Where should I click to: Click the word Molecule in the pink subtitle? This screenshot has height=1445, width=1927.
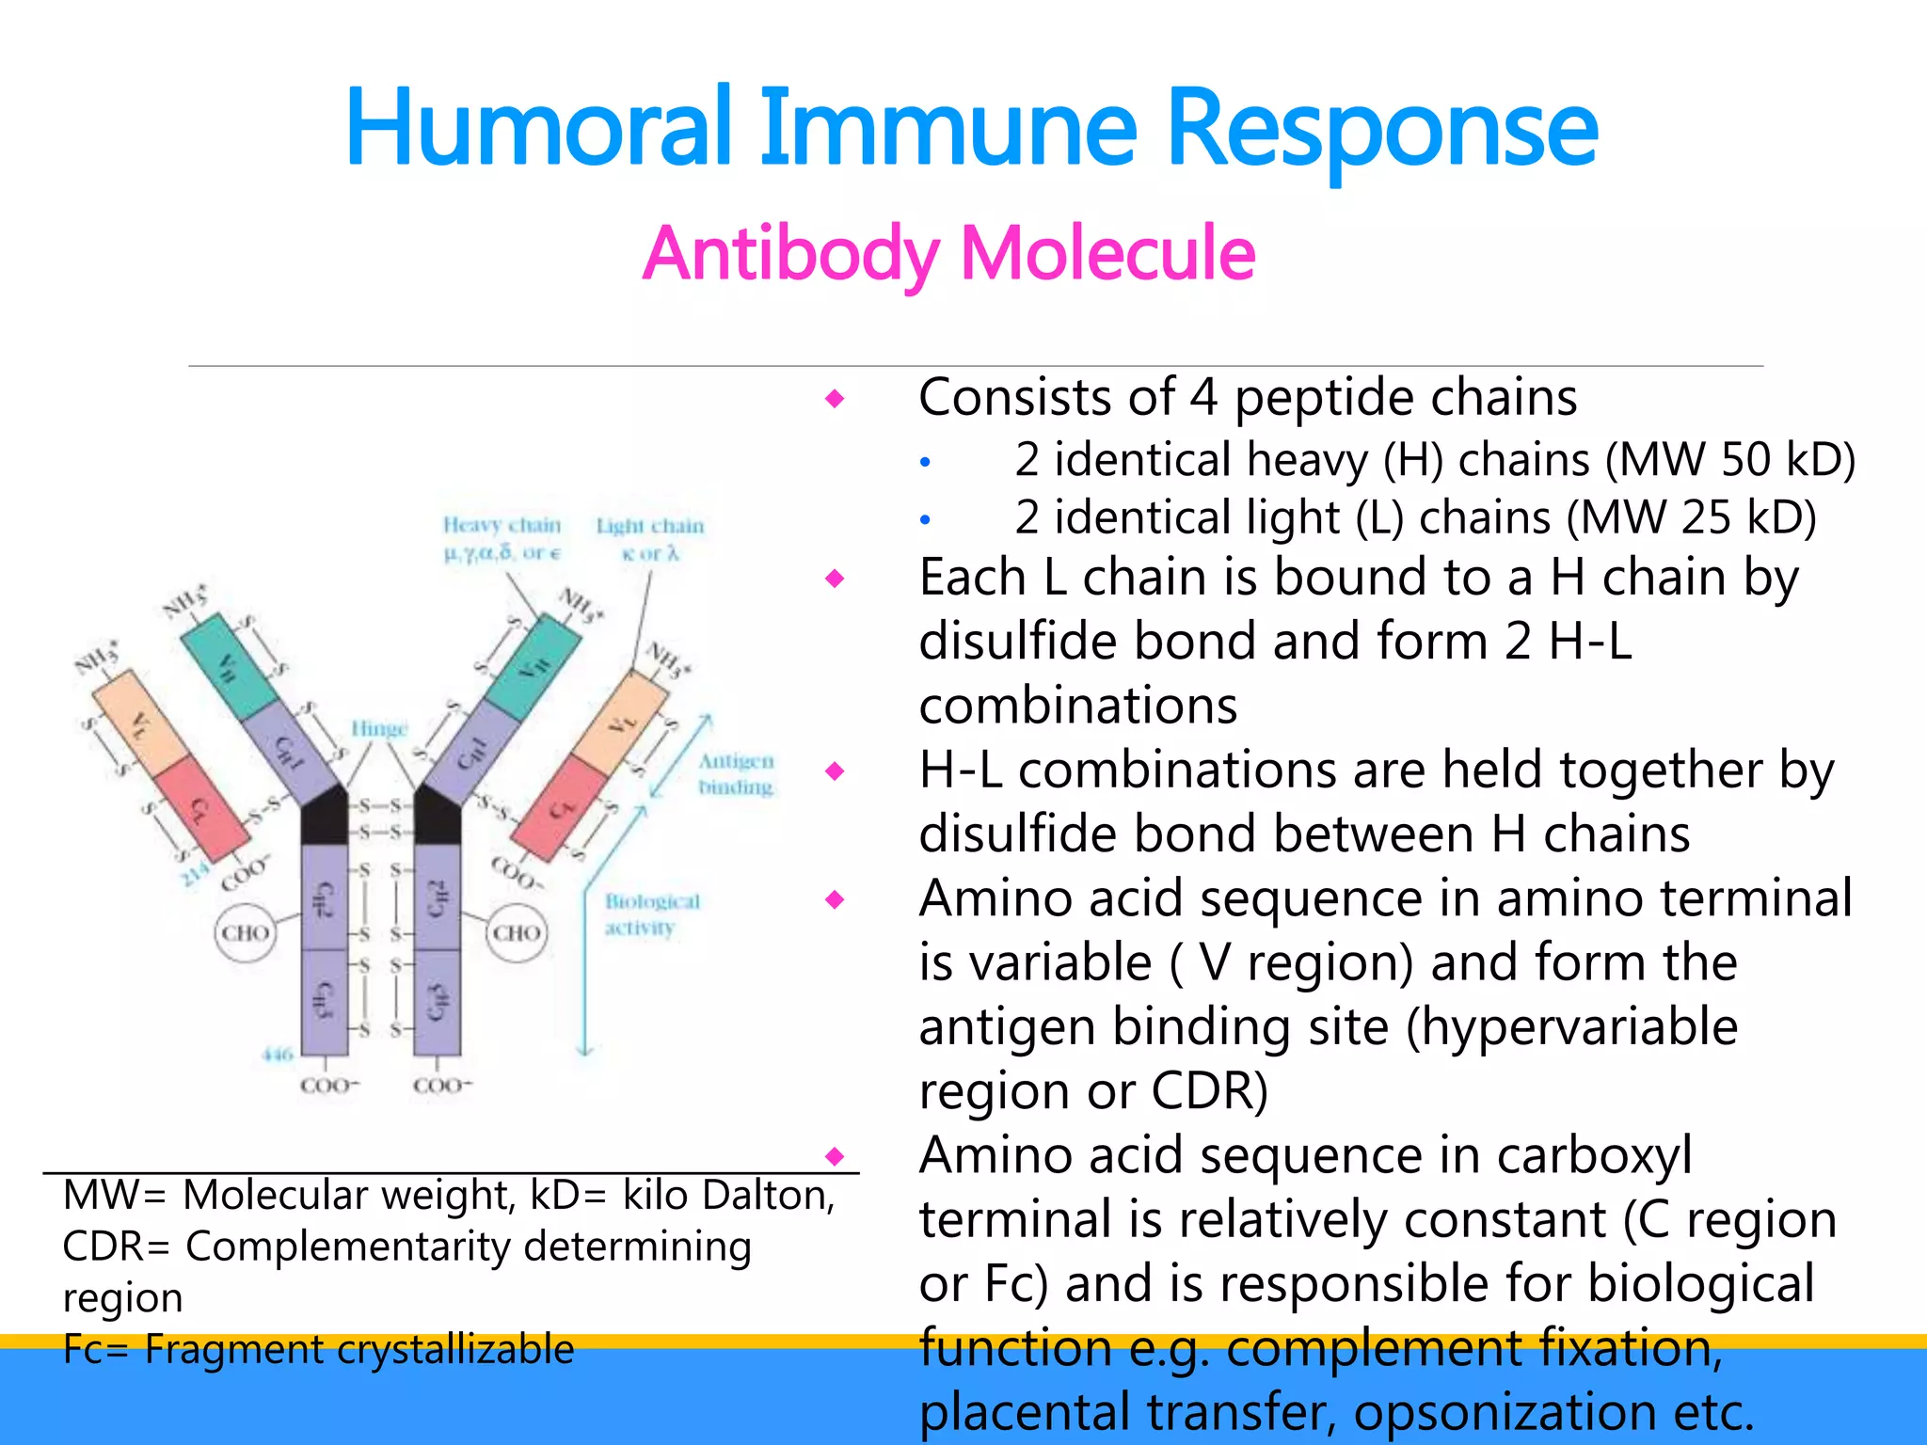(x=1107, y=254)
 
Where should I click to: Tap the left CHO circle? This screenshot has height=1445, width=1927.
(x=246, y=932)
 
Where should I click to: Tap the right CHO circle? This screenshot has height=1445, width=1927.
(x=517, y=932)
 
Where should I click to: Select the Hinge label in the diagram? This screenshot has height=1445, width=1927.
(x=379, y=728)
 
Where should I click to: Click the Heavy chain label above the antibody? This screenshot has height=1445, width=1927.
(x=502, y=525)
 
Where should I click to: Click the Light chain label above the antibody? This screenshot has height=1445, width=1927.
(x=649, y=526)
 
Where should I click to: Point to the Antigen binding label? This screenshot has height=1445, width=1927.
(x=736, y=773)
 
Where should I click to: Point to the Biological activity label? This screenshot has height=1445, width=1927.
(x=651, y=913)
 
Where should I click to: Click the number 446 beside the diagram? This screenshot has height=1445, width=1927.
(x=278, y=1055)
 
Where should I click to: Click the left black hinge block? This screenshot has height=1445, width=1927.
(x=324, y=817)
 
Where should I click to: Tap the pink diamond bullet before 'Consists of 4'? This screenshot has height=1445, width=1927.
(x=835, y=399)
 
